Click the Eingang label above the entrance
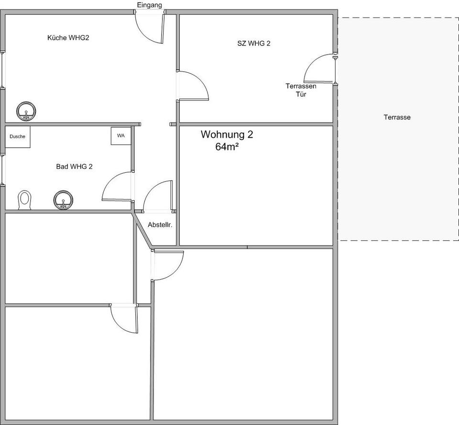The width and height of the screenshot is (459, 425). (x=149, y=5)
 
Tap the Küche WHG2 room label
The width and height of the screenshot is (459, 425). (x=68, y=38)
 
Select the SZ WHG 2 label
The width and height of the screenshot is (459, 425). (x=254, y=44)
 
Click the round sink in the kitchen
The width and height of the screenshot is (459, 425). (x=26, y=111)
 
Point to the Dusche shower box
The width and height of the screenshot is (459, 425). (x=18, y=137)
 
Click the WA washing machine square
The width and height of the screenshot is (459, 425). (x=121, y=136)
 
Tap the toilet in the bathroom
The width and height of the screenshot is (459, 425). (x=24, y=200)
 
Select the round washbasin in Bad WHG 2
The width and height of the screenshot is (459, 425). (x=63, y=200)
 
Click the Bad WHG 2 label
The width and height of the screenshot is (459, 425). (x=75, y=167)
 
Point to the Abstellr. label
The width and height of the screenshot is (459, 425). (x=160, y=225)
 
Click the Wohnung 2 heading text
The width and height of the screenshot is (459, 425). (x=227, y=134)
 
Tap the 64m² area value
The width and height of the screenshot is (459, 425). (x=227, y=146)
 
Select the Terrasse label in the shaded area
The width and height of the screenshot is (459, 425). (x=397, y=117)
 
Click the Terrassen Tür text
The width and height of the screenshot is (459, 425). (x=301, y=90)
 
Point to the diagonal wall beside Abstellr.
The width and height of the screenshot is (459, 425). (x=142, y=231)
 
